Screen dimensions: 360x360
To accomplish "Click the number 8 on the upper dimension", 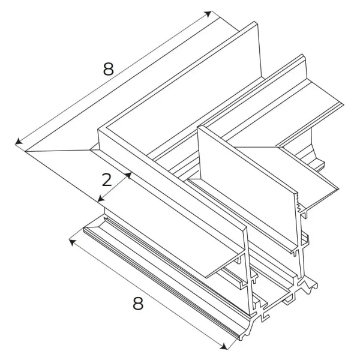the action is pos(109,69).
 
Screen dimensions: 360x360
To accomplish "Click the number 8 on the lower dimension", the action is pos(138,303).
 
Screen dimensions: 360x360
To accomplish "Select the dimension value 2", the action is pos(107,180).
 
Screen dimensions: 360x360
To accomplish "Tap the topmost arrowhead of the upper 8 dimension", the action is pos(208,14).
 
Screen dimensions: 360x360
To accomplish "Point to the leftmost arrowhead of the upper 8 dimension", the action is pos(19,142).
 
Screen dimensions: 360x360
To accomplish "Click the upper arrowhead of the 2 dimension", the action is pos(128,175).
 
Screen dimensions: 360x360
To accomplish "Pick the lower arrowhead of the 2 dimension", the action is pos(101,199).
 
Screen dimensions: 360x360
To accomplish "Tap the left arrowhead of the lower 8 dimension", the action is pos(73,242).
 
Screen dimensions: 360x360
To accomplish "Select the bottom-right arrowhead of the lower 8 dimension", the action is pos(224,346).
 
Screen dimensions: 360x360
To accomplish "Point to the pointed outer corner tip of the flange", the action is pos(25,152).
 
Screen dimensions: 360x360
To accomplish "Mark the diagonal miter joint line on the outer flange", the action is pos(58,151).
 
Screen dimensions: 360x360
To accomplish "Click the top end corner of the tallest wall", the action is pos(255,23).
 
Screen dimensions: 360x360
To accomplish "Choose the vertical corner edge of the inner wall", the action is pos(199,152).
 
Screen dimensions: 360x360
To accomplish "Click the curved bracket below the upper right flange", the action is pos(317,149).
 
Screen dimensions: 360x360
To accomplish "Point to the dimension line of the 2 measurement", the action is pos(115,187).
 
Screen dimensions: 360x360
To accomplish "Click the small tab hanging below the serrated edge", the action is pos(304,214).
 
